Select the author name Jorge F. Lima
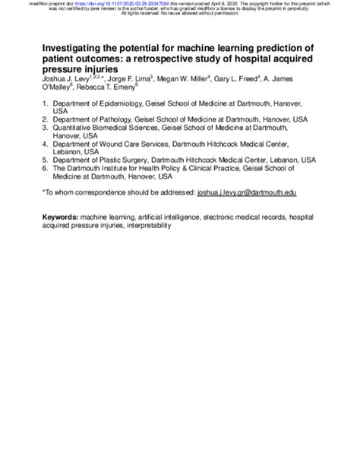(130, 78)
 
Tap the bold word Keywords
(63, 217)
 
